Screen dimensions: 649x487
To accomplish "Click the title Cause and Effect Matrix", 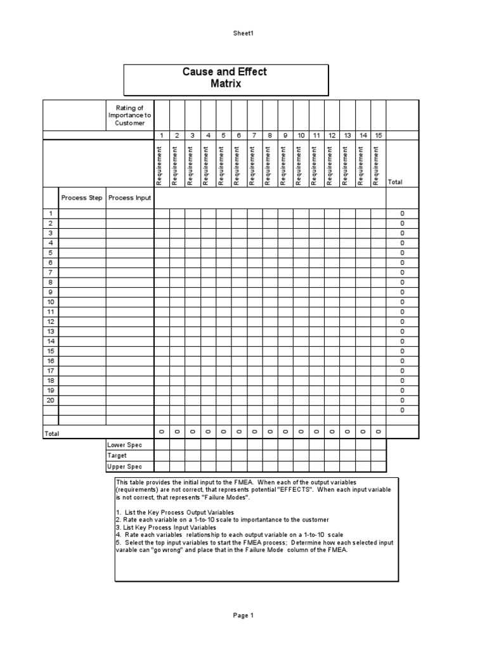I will pos(225,78).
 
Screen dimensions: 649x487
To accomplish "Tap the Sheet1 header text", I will pos(243,33).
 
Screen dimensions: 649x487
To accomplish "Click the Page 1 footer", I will pos(243,615).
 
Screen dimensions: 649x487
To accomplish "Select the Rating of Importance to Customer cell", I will pos(129,115).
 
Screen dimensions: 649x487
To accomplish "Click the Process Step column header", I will pos(82,198).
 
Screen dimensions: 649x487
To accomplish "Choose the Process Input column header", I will pos(129,198).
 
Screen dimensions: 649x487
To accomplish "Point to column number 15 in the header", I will pos(378,135).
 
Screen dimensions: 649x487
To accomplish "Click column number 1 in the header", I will pos(162,135).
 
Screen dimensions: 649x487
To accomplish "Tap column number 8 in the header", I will pos(269,135).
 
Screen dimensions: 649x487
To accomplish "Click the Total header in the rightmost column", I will pos(394,182).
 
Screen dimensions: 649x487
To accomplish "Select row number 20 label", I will pos(50,401).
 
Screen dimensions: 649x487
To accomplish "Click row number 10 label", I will pos(50,302).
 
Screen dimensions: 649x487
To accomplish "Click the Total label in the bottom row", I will pos(51,434).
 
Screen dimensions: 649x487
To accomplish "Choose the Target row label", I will pos(118,456).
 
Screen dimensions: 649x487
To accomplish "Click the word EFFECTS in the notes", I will pos(295,490).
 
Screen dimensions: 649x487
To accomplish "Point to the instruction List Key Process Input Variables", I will pos(166,527).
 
